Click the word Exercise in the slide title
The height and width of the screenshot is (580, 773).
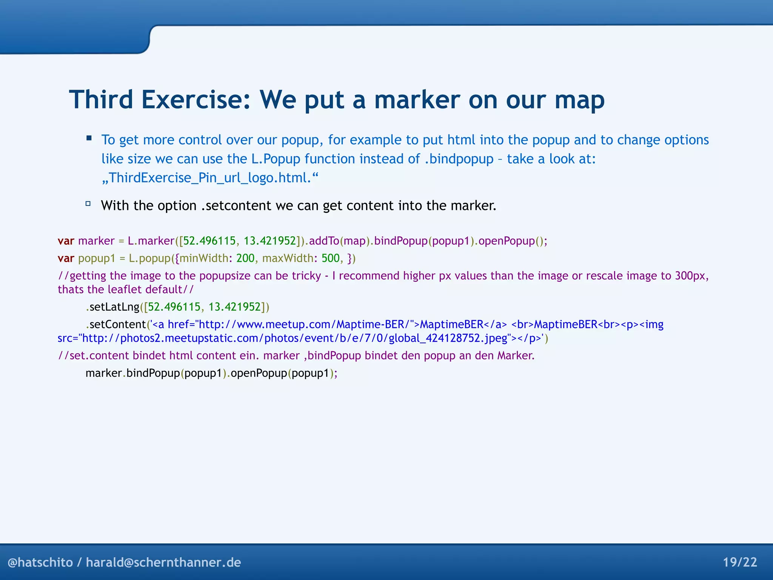pos(196,100)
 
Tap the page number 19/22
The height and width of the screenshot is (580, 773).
pos(740,562)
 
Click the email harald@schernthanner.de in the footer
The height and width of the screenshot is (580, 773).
pos(163,562)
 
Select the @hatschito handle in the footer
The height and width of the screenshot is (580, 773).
pos(40,562)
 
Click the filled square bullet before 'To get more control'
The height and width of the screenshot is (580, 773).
pos(89,138)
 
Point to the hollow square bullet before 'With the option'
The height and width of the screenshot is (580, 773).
pos(88,204)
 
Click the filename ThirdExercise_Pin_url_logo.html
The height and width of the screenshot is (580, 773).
pos(210,177)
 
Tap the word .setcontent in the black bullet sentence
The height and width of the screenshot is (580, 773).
pos(236,205)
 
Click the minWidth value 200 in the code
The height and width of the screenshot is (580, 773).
pos(245,258)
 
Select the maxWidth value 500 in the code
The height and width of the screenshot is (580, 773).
pos(331,258)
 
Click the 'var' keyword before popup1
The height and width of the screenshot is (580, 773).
pos(66,258)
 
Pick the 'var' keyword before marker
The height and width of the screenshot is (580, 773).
pos(66,241)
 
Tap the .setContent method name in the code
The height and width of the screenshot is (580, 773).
pos(116,324)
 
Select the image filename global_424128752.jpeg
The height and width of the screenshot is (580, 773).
pos(448,338)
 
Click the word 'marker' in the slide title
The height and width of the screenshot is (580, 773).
pos(417,100)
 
